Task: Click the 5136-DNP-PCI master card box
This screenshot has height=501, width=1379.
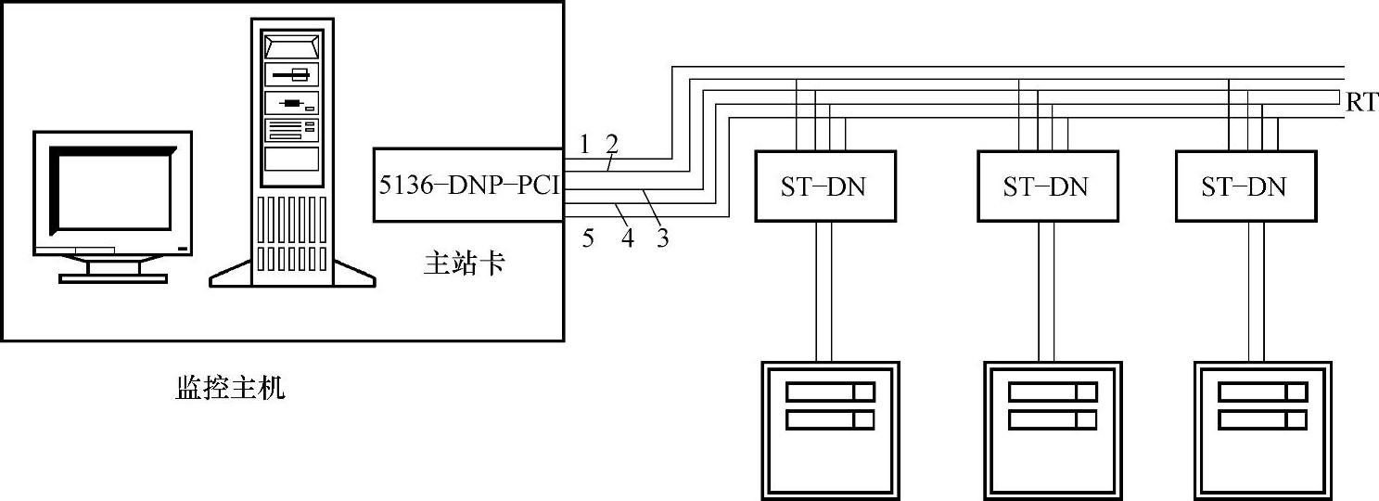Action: [x=467, y=185]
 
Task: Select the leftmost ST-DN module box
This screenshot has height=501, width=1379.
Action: [x=824, y=186]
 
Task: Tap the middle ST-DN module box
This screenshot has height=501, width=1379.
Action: [x=1046, y=186]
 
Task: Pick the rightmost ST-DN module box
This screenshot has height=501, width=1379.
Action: [x=1245, y=186]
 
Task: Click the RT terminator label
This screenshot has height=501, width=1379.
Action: [x=1361, y=103]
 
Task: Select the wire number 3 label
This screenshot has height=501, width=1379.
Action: [x=662, y=238]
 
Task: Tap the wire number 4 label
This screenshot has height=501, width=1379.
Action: [x=628, y=238]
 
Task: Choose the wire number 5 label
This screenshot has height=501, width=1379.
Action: [x=588, y=238]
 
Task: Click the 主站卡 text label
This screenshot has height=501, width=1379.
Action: [x=464, y=264]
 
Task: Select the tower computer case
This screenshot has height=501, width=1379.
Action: [x=291, y=148]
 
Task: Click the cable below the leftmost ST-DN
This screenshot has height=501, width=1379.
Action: [x=824, y=290]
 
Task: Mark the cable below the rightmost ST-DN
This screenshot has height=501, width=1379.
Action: [x=1256, y=290]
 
